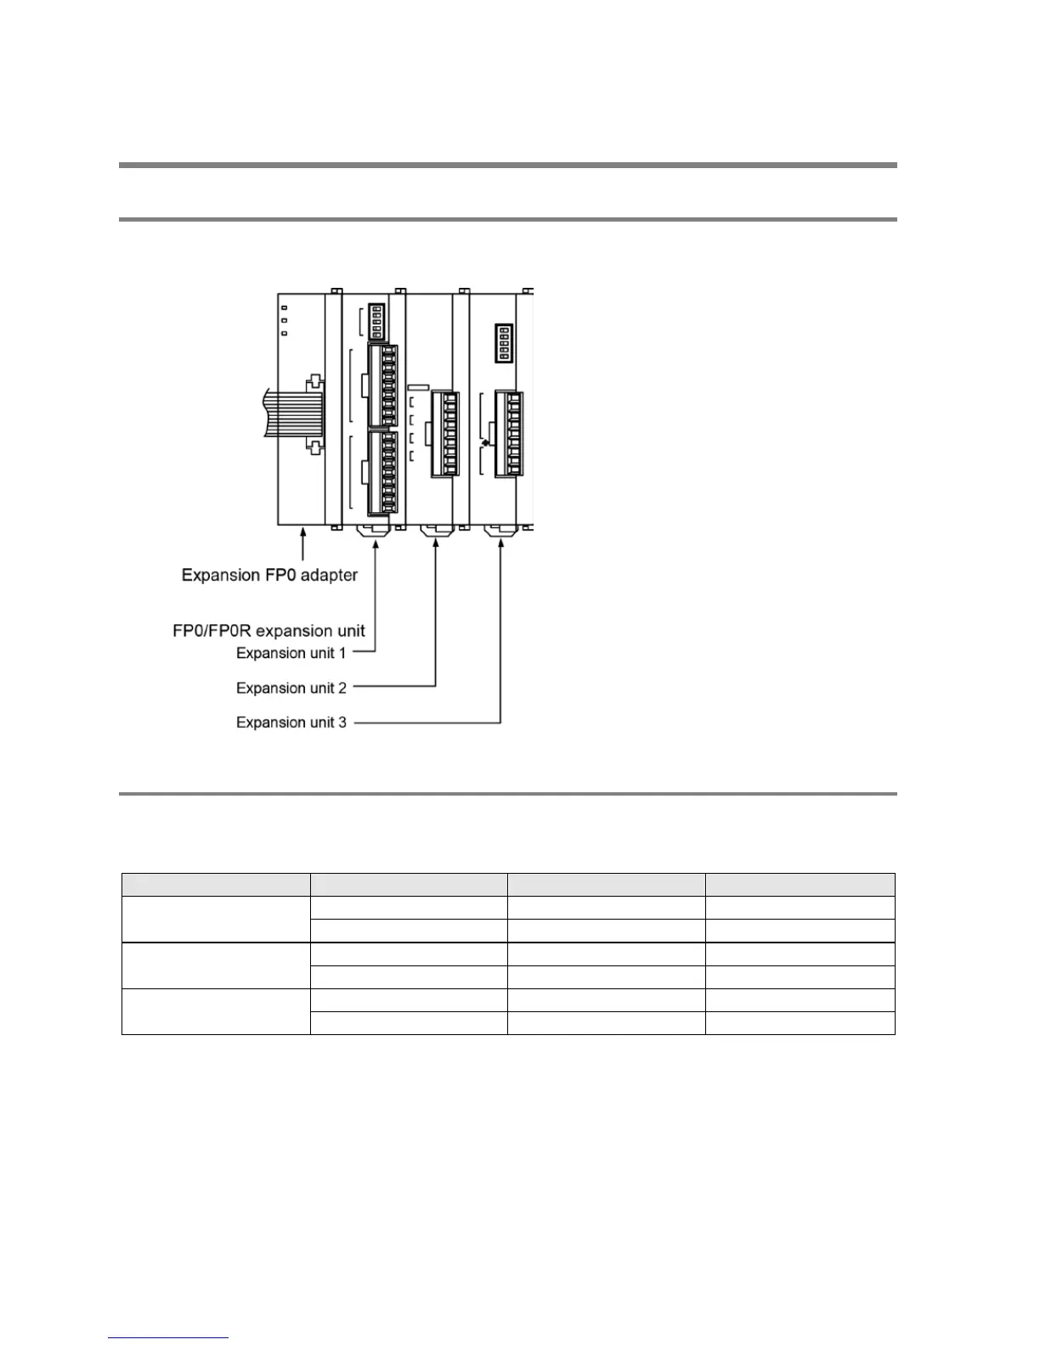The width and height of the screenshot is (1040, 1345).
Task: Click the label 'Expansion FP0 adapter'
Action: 269,575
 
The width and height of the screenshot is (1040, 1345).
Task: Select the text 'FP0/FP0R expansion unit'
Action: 268,630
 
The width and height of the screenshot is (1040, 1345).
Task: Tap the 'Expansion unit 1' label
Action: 291,653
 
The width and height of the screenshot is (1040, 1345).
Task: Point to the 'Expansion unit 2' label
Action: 291,688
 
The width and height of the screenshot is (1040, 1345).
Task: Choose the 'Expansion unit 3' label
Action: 291,723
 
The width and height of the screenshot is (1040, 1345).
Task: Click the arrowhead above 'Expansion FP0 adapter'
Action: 302,533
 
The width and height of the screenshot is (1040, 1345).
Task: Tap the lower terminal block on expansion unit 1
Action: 383,473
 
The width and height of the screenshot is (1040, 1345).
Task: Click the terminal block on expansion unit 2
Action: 445,434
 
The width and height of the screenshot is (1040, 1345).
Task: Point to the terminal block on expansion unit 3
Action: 509,434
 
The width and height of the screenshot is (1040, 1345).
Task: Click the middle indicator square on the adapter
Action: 284,320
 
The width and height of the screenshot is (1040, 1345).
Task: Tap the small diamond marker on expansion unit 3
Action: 485,442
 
